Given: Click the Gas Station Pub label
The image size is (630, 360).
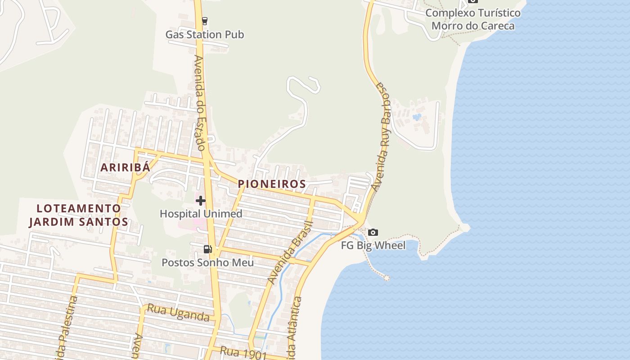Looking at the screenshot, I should tap(205, 35).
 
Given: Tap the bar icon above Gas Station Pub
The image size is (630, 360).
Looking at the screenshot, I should tap(205, 21).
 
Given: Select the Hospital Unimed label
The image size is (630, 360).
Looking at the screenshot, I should tap(201, 214).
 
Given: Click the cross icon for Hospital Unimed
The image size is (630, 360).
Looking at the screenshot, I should tap(201, 201).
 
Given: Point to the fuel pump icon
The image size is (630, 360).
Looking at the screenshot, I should tap(207, 249).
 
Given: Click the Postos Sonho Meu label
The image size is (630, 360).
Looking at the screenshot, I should tap(207, 262).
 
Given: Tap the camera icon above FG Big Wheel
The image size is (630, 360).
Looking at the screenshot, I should tap(373, 232).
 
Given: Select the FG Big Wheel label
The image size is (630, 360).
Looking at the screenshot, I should tap(373, 245).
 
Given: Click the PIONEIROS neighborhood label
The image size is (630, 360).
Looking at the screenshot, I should tap(272, 184).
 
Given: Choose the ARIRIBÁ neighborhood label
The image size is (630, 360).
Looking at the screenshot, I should tap(125, 167).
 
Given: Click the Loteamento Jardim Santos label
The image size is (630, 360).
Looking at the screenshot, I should tap(79, 215).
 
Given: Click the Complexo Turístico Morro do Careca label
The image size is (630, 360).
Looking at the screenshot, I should tap(473, 19).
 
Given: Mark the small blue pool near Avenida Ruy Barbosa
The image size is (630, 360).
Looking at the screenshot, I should tap(417, 117).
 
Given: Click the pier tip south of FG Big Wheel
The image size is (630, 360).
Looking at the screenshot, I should tap(386, 278).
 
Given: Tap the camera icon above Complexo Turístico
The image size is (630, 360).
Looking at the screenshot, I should tap(472, 1).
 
